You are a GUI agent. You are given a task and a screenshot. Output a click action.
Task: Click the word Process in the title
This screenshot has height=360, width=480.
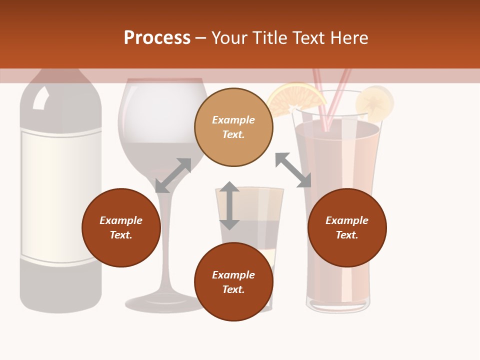[x=157, y=38]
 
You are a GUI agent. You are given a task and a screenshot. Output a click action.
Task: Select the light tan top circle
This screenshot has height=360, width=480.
[x=233, y=127]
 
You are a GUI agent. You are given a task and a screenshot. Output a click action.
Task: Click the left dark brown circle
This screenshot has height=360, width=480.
[x=121, y=227]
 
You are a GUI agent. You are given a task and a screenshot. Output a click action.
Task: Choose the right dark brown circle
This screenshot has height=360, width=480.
[x=346, y=227]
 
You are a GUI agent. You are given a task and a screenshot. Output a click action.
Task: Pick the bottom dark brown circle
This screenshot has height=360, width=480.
[x=233, y=282]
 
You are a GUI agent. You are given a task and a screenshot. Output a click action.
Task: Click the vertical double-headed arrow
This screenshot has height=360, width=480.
[x=229, y=205]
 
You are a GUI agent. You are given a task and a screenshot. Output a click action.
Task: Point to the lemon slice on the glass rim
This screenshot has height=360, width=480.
[x=375, y=102]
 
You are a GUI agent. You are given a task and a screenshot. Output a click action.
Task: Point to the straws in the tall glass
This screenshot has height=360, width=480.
[x=330, y=95]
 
